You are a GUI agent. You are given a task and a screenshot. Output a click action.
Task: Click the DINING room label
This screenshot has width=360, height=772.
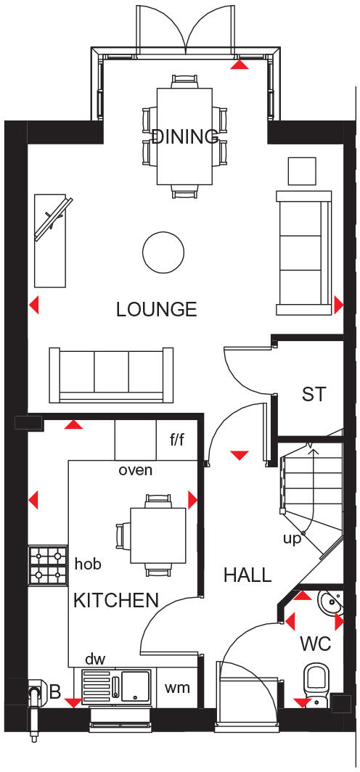[185, 136]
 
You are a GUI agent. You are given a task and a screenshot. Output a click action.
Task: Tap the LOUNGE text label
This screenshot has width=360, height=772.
[157, 310]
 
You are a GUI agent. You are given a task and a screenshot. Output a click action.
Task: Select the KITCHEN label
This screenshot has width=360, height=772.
[116, 600]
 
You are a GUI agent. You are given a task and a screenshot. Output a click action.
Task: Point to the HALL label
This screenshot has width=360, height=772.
[247, 575]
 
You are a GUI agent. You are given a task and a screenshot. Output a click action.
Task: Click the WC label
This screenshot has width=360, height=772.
[316, 644]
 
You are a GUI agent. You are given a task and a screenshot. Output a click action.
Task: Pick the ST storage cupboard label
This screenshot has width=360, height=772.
[314, 395]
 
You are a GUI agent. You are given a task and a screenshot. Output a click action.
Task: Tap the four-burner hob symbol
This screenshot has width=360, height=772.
[48, 565]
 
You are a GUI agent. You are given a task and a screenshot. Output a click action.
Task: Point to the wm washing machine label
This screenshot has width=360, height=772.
[178, 687]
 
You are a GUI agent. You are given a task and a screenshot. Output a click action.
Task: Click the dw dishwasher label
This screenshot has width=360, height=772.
[96, 659]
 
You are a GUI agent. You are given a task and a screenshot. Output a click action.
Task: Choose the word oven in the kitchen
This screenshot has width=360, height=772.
[136, 469]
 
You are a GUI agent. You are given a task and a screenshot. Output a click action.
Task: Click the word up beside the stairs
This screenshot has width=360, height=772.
[292, 538]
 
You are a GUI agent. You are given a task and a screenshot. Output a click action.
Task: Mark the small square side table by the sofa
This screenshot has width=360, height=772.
[302, 171]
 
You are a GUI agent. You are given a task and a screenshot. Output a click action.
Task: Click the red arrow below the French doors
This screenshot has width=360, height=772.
[240, 65]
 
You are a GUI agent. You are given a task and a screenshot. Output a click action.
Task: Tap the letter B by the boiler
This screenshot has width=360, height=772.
[55, 692]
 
